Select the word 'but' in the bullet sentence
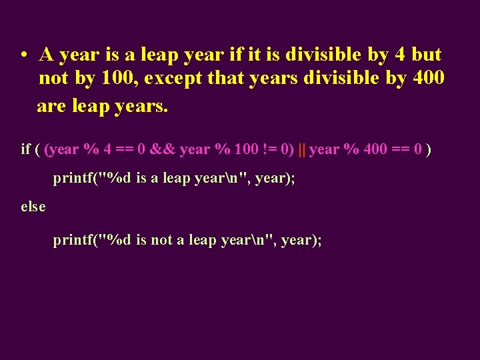[x=427, y=54]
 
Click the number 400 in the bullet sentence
[x=429, y=79]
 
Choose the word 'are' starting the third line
[x=51, y=105]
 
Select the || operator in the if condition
[x=302, y=149]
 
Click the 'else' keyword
[x=33, y=207]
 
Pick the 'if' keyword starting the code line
[x=26, y=149]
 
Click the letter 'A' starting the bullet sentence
[x=47, y=54]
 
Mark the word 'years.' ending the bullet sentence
[x=141, y=105]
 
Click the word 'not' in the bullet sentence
[x=53, y=79]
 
